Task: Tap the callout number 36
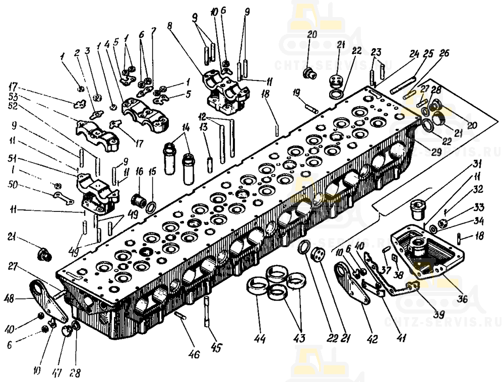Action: click(462, 298)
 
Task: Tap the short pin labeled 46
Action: click(182, 317)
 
